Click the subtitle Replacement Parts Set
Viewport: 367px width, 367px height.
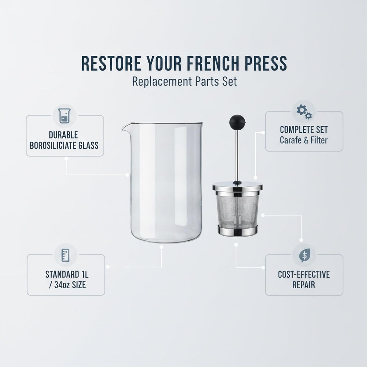[184, 82]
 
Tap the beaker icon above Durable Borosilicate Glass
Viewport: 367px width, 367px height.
[65, 116]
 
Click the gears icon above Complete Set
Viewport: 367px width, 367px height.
[304, 112]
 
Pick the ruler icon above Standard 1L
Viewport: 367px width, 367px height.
[65, 255]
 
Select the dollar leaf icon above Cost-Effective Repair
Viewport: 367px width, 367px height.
[304, 255]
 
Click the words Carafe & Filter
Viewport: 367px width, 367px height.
[304, 140]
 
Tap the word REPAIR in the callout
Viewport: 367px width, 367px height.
[304, 285]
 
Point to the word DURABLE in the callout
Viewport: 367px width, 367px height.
[63, 135]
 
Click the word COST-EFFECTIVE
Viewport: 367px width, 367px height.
[304, 274]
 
